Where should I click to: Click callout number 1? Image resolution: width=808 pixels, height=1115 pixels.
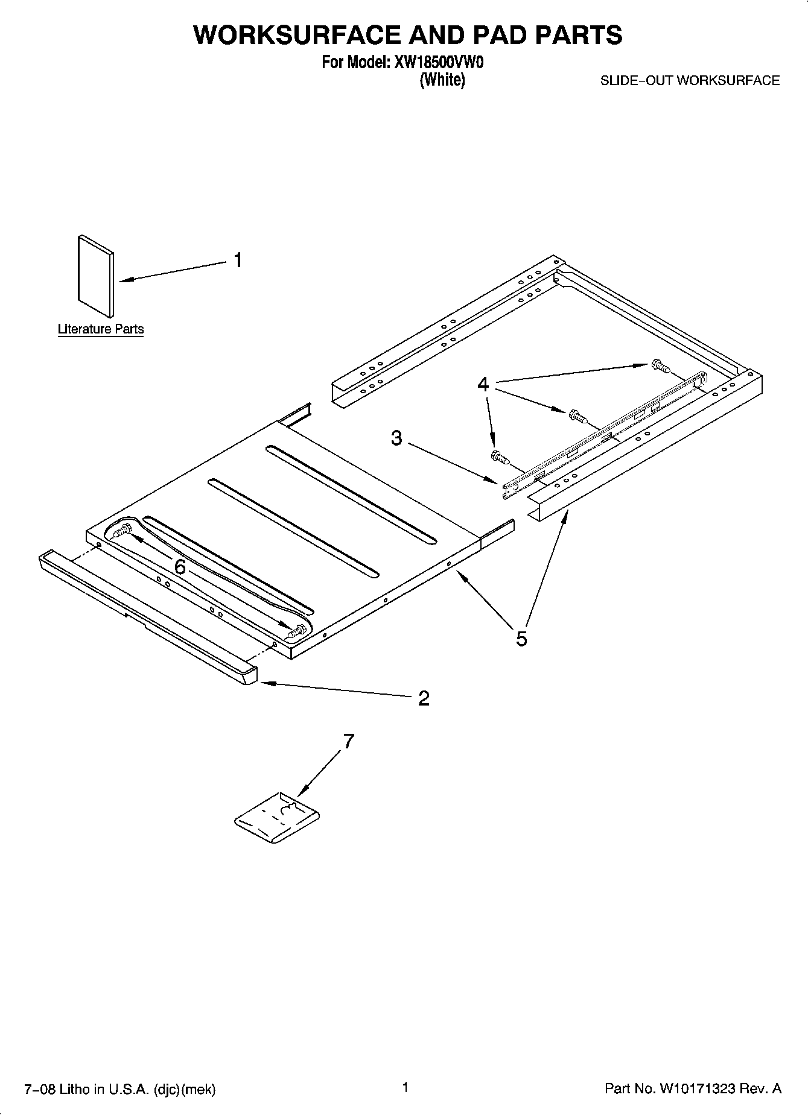coord(238,261)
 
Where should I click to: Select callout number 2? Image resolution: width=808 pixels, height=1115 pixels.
coord(424,698)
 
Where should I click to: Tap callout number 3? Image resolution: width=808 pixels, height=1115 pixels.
coord(396,438)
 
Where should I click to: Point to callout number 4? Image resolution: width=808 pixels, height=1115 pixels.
coord(483,384)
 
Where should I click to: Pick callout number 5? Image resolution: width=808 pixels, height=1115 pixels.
coord(521,638)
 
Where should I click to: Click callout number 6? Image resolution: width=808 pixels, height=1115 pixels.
coord(180,567)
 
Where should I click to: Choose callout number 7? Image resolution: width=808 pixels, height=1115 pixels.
coord(348,741)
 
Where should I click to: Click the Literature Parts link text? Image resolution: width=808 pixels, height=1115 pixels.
coord(101,329)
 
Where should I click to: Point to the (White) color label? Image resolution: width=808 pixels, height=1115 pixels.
coord(442,80)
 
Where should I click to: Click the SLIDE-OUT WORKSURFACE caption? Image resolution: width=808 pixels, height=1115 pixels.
coord(690,81)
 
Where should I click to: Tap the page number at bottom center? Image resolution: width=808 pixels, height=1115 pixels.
coord(405,1087)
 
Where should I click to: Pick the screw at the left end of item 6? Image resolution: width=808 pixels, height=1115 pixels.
coord(124,531)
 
